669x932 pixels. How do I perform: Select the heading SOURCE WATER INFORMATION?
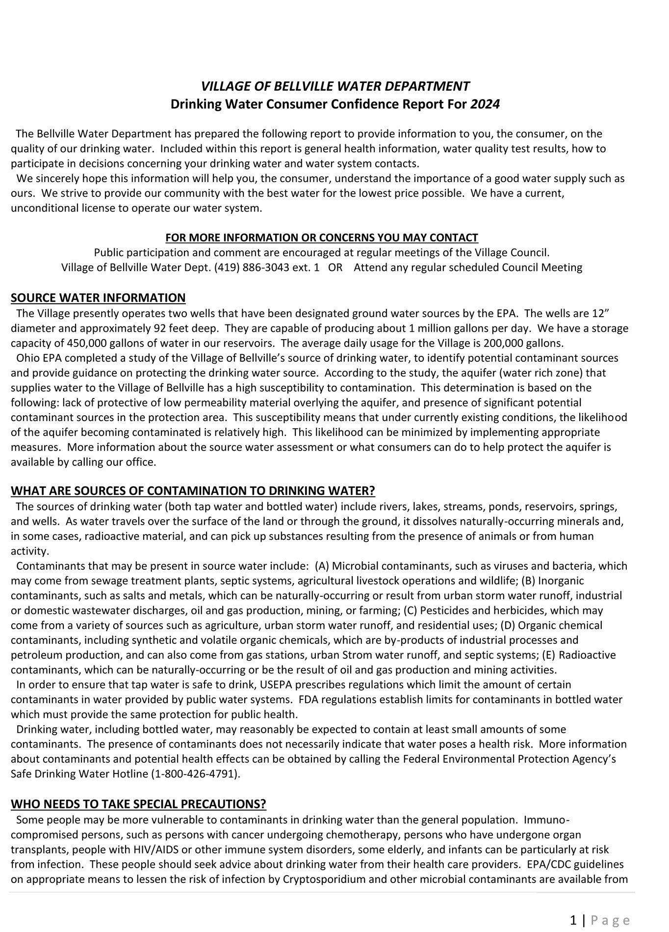tap(98, 298)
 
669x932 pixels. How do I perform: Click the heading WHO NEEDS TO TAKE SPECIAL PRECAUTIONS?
tap(138, 804)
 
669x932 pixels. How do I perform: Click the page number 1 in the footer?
tap(573, 920)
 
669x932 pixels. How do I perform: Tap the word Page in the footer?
tap(610, 920)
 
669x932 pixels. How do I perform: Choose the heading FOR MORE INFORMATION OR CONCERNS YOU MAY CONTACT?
tap(322, 238)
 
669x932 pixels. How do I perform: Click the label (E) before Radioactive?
tap(548, 655)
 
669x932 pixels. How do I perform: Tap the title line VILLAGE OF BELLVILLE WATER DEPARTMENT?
tap(335, 87)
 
